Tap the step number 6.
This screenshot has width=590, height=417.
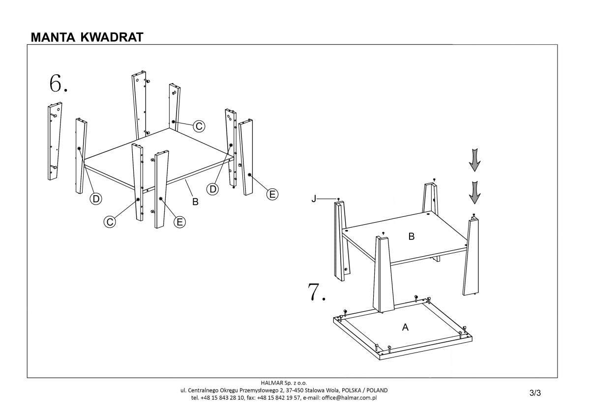tap(58, 84)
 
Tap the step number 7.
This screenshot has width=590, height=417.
tap(317, 292)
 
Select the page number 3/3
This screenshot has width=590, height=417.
tap(535, 392)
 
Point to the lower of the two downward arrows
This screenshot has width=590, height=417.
tap(474, 192)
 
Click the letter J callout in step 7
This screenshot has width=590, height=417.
tap(313, 199)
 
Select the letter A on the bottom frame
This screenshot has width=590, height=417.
tap(405, 327)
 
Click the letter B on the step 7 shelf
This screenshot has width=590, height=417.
tap(412, 237)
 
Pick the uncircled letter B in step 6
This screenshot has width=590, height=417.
tap(195, 202)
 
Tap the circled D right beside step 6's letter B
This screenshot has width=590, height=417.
tap(213, 189)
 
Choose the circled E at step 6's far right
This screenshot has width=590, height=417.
tap(272, 194)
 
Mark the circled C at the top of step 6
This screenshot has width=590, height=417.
tap(199, 126)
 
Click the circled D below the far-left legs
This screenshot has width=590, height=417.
tap(96, 199)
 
